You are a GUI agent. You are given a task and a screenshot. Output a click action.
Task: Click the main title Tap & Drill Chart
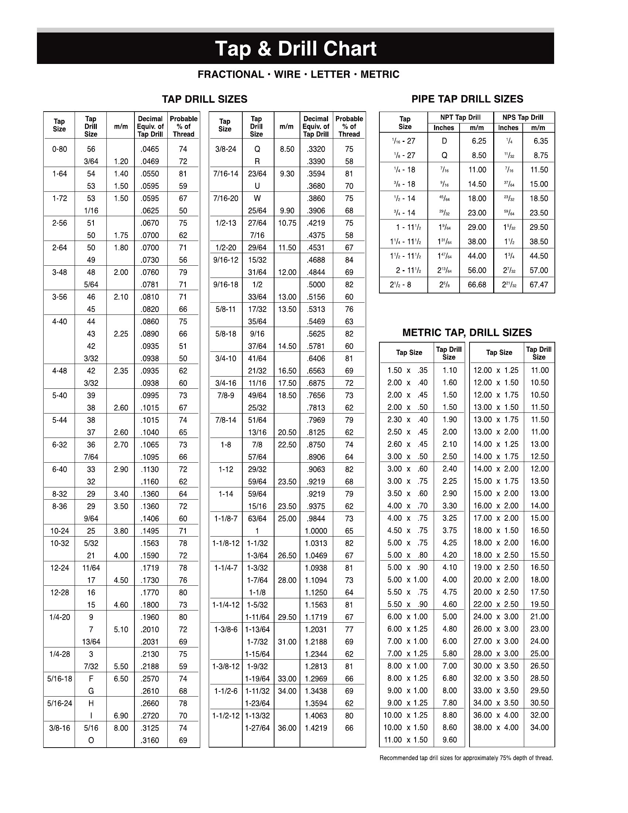click(296, 49)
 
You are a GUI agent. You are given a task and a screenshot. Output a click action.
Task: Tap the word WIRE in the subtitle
click(287, 74)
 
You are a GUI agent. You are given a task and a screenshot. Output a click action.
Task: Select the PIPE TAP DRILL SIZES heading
click(467, 99)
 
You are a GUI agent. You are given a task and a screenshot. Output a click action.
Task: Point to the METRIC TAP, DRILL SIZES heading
click(467, 333)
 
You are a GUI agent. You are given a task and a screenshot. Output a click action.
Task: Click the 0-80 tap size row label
click(59, 149)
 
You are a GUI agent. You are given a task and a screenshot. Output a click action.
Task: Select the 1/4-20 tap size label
click(59, 617)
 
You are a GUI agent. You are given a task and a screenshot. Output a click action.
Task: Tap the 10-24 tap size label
click(59, 531)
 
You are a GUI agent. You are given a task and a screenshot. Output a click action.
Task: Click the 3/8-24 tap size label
click(225, 149)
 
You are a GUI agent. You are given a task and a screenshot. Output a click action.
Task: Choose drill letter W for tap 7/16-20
click(257, 198)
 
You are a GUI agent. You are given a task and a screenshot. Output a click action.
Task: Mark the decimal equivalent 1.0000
click(316, 531)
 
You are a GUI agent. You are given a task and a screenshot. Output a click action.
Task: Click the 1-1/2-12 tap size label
click(226, 715)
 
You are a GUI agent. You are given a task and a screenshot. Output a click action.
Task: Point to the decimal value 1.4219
click(316, 728)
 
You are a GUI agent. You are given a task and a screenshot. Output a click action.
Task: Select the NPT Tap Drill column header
click(460, 118)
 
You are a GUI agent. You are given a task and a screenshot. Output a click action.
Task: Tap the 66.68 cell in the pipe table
click(477, 285)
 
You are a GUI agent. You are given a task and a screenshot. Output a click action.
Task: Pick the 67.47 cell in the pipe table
click(539, 285)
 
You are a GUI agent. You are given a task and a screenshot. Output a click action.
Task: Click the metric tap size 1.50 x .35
click(407, 370)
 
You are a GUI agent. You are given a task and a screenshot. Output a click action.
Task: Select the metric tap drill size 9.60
click(450, 740)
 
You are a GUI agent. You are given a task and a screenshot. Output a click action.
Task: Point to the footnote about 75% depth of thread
click(466, 758)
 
